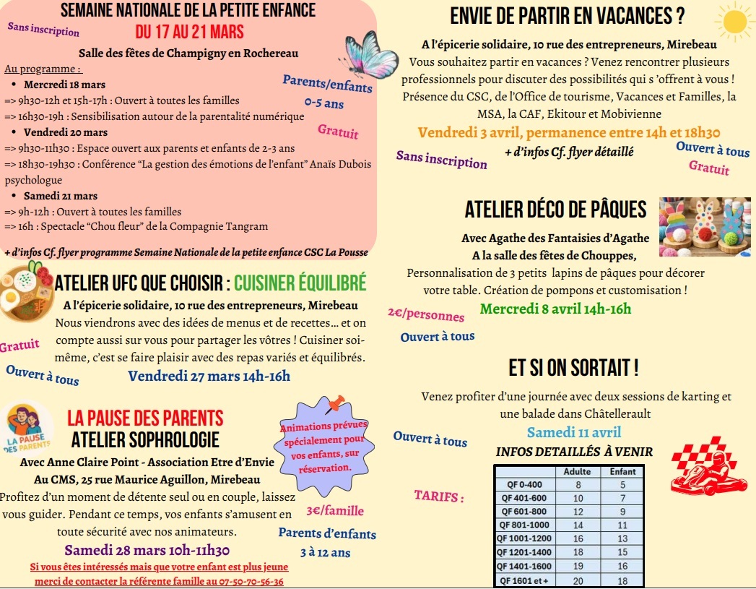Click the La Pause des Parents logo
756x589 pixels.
[27, 428]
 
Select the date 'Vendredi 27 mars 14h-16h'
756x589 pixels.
[209, 375]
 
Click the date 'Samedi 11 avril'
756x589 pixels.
[573, 433]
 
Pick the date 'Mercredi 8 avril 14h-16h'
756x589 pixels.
[555, 309]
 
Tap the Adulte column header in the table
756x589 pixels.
[577, 472]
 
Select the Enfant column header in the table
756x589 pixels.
[622, 472]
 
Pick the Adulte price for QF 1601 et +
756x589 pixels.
[578, 580]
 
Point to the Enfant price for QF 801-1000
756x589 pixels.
[622, 525]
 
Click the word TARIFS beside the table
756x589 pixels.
[438, 497]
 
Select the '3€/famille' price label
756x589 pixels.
[335, 511]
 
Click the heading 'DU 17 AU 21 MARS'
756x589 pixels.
[189, 32]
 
